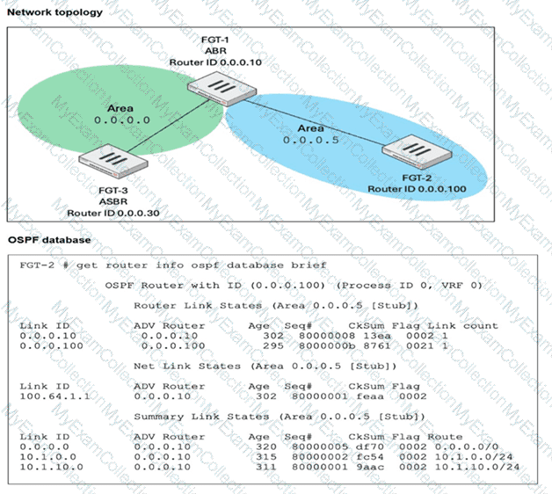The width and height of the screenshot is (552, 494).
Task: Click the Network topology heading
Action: [54, 12]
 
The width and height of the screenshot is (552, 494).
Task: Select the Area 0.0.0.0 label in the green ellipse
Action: [120, 114]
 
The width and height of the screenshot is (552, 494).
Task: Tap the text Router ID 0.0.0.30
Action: [107, 214]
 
